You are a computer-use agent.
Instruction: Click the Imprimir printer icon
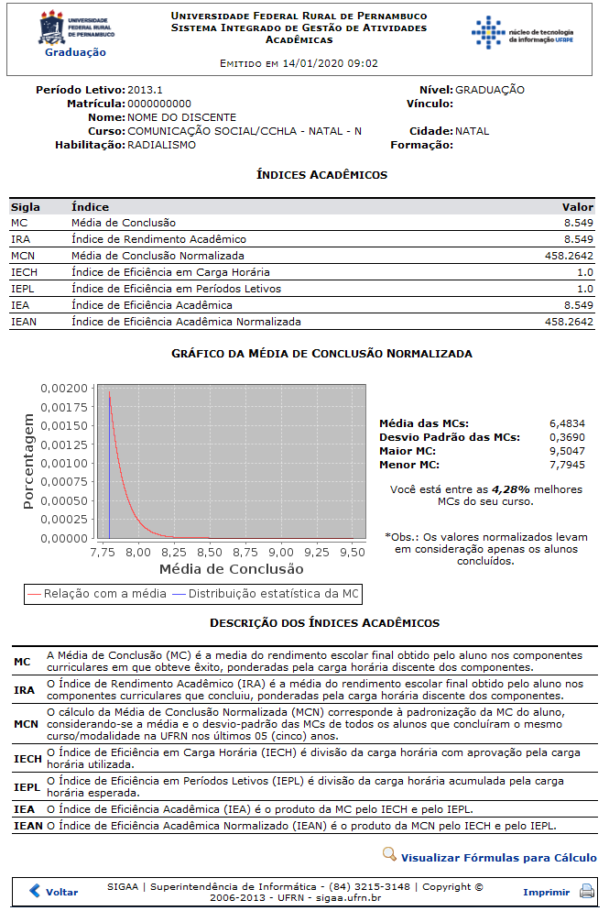pos(587,891)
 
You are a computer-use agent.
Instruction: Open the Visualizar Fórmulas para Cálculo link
pos(498,858)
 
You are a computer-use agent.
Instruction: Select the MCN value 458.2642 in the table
pos(569,256)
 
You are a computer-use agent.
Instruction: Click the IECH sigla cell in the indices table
pos(24,272)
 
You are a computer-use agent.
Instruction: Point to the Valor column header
pos(578,207)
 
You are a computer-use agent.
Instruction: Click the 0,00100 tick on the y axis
pos(65,463)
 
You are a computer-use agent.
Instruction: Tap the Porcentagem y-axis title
pos(29,463)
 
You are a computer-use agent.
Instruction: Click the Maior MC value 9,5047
pos(567,451)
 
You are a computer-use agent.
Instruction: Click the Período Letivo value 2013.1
pos(145,90)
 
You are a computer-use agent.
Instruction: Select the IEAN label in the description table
pos(27,826)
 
